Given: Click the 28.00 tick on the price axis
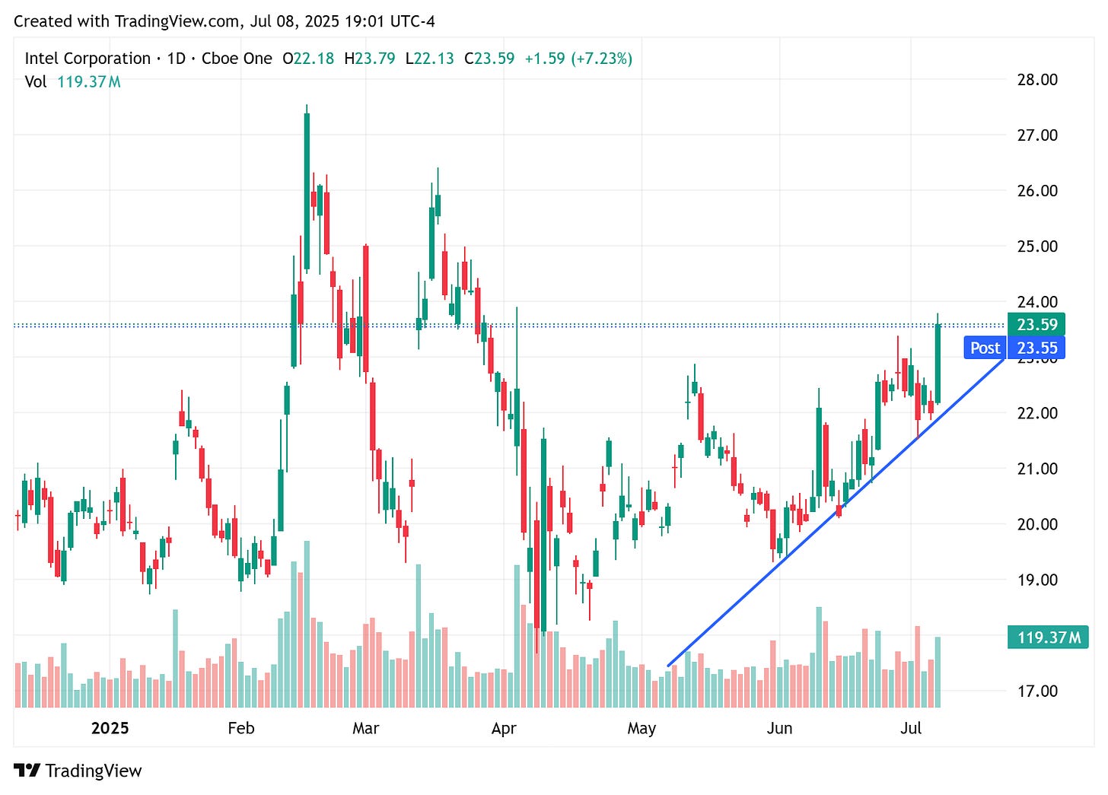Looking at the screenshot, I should [x=1037, y=80].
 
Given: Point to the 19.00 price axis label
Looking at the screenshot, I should [x=1037, y=580].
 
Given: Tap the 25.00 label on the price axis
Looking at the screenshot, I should [x=1037, y=246].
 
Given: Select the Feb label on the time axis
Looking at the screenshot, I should [x=241, y=728].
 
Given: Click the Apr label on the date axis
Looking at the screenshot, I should [x=504, y=728].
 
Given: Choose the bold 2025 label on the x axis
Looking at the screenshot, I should [x=110, y=728].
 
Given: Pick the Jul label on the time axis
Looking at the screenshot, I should [x=911, y=728].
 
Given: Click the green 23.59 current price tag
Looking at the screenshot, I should [x=1036, y=324].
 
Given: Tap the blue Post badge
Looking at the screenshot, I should [x=985, y=348].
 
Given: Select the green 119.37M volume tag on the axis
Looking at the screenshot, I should [x=1047, y=637].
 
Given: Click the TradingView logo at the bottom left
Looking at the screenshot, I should [x=78, y=771].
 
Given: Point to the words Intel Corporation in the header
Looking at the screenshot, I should [x=88, y=59].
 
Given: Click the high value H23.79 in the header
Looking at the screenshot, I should [x=370, y=59].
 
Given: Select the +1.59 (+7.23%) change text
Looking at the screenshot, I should [x=578, y=59].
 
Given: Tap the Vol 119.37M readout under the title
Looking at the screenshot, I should [x=72, y=81].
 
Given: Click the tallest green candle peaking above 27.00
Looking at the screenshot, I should [x=307, y=190].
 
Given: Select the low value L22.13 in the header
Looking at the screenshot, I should [x=430, y=59].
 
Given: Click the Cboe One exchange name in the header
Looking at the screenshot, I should [x=237, y=59].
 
